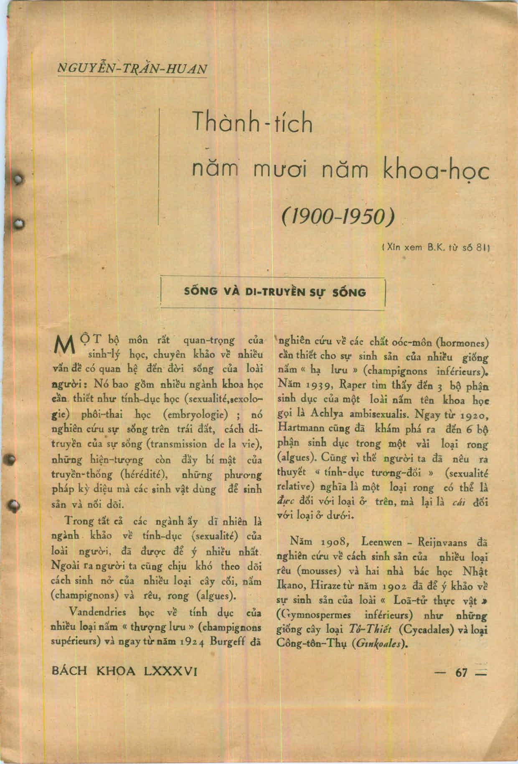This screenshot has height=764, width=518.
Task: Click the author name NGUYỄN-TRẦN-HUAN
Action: (x=132, y=68)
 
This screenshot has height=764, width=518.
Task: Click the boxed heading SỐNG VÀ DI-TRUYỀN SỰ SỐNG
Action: (x=275, y=292)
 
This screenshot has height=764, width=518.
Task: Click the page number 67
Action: (x=461, y=672)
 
